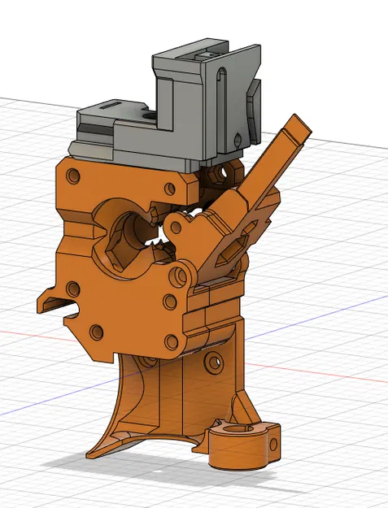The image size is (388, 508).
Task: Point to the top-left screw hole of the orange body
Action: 74,176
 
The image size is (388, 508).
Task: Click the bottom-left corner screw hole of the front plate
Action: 97,332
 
